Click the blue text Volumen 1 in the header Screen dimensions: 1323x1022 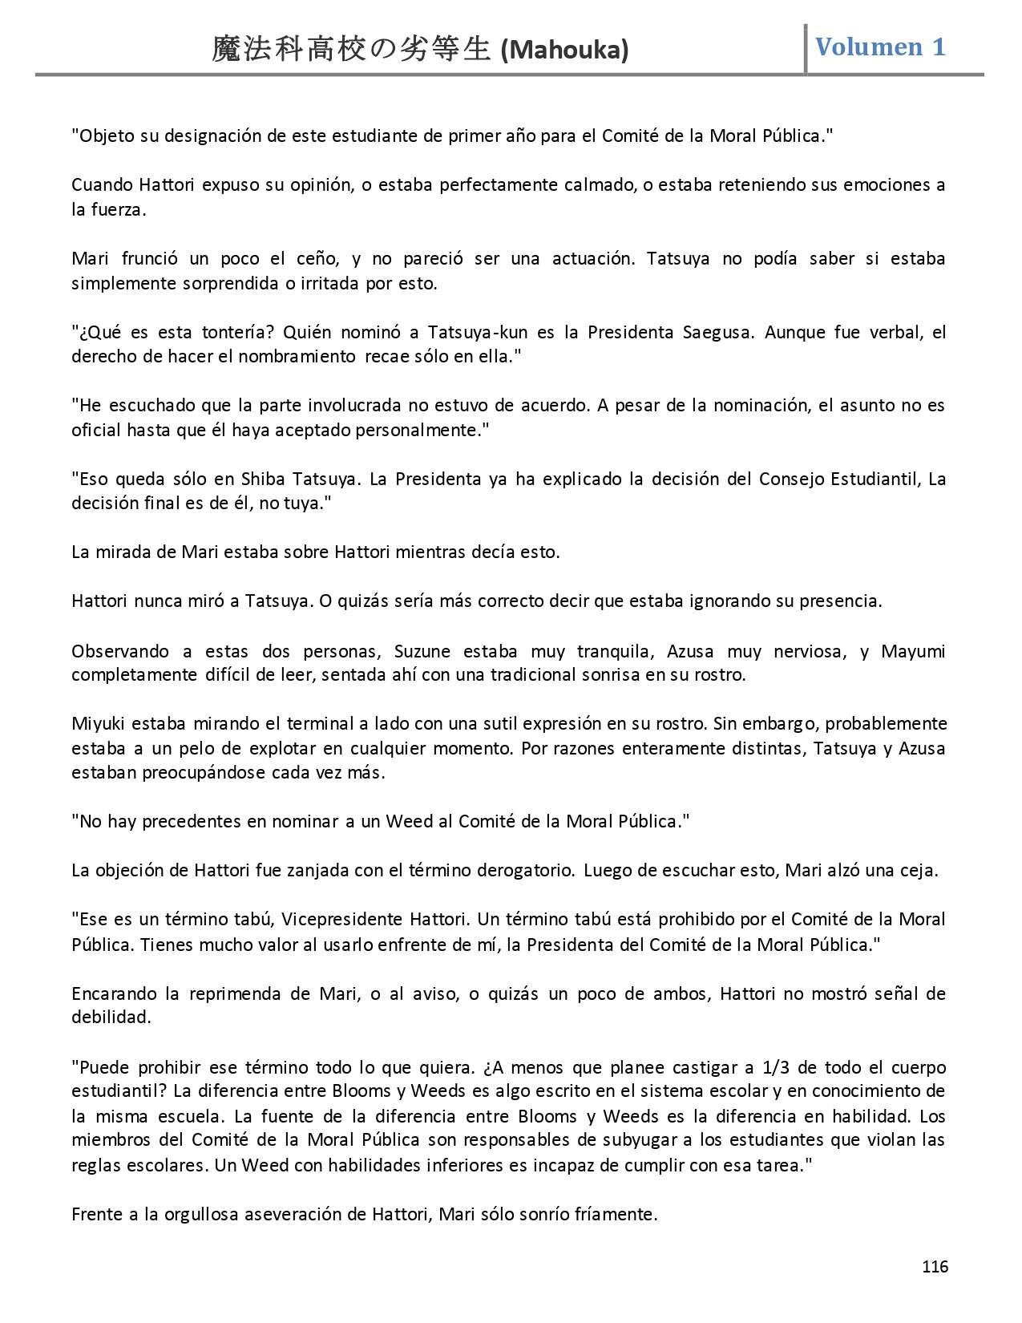880,47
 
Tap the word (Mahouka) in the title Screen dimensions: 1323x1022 564,51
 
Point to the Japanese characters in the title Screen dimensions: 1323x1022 350,50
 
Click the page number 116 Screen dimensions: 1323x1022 935,1267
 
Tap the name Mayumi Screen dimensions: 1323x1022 913,650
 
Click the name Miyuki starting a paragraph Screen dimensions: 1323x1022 99,723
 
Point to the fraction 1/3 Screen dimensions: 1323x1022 777,1067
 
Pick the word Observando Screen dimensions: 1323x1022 120,650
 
